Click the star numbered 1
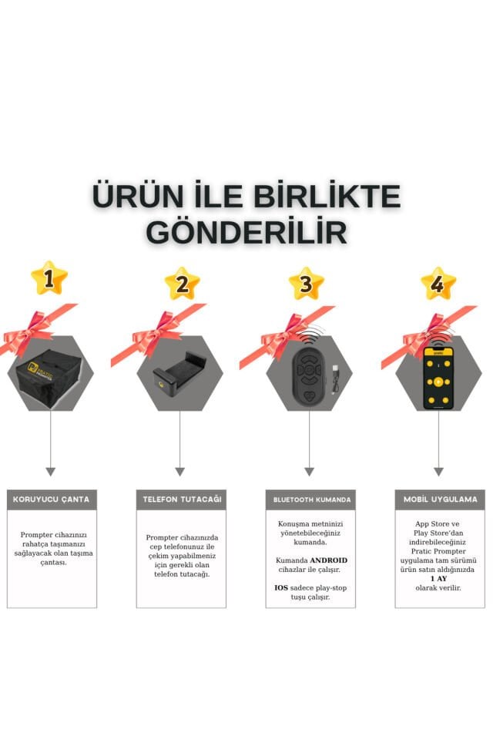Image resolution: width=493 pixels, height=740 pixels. tap(49, 278)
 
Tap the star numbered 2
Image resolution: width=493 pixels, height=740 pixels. tap(182, 283)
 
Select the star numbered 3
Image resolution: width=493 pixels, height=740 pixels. tap(306, 284)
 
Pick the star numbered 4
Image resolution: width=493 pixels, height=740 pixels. tap(438, 284)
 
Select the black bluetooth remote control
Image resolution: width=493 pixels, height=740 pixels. tap(308, 376)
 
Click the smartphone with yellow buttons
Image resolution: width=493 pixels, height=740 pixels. tap(438, 378)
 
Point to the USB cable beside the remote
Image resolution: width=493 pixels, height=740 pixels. tap(334, 378)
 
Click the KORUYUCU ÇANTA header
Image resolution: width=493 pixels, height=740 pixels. tap(52, 499)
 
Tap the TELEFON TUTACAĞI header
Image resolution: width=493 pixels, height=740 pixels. tap(182, 499)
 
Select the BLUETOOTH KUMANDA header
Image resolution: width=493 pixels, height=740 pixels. tap(311, 499)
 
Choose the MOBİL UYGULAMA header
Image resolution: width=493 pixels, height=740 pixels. tap(440, 499)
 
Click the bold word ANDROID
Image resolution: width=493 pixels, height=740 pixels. tap(328, 560)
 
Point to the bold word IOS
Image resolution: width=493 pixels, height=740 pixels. tap(281, 587)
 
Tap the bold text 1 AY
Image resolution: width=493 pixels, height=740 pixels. tap(439, 579)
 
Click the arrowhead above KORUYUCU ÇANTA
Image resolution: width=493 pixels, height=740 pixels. tap(51, 472)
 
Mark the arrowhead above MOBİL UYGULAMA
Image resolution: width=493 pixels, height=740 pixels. tap(439, 472)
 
